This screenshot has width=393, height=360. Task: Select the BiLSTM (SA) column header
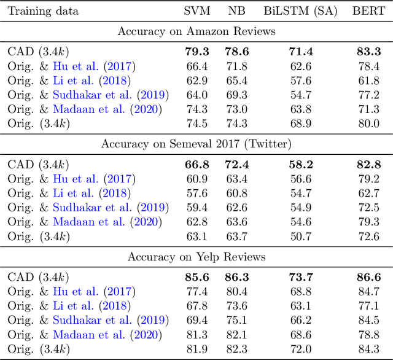click(x=300, y=10)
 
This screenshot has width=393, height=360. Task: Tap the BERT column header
click(x=368, y=10)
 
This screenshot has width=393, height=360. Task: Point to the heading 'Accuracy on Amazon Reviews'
click(x=196, y=32)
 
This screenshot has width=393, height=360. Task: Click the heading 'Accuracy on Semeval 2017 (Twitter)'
click(x=196, y=144)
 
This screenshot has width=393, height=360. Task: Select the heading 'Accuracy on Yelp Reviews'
click(x=196, y=256)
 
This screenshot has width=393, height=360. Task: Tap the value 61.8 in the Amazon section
click(x=368, y=80)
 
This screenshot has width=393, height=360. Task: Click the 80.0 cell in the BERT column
click(x=368, y=123)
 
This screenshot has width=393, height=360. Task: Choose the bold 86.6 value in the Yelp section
click(x=368, y=278)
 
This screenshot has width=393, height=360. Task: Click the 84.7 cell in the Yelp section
click(x=368, y=291)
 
